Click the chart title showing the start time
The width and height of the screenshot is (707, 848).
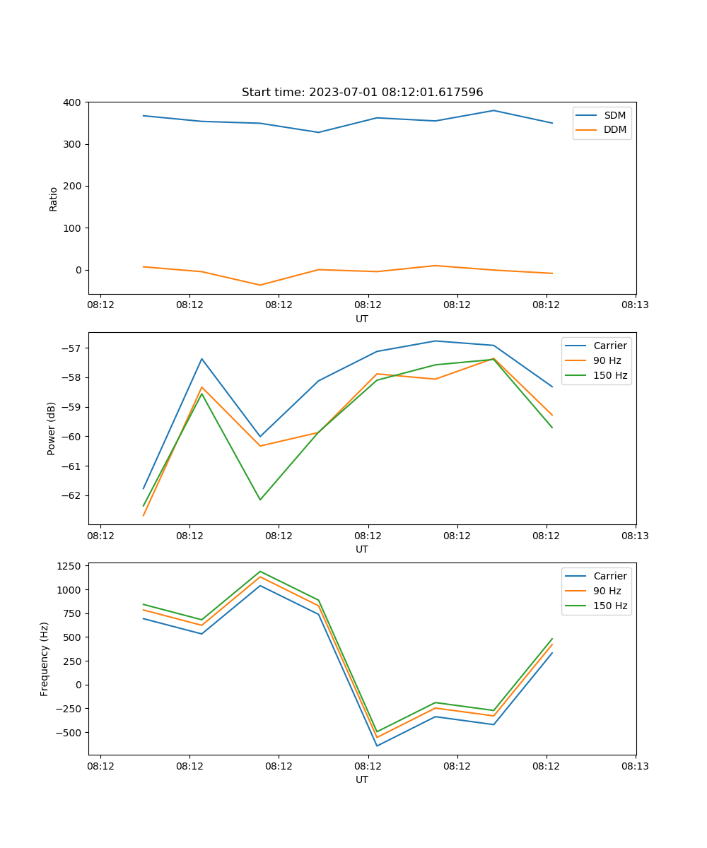tap(362, 93)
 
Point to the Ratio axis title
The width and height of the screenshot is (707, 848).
tap(54, 199)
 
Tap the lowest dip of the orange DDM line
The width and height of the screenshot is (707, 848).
tap(260, 285)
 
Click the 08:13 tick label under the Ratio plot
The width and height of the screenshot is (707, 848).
tap(635, 305)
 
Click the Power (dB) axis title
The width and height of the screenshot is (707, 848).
tap(52, 429)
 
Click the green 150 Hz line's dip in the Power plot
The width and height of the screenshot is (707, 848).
tap(260, 500)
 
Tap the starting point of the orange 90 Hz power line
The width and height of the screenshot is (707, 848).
tap(144, 515)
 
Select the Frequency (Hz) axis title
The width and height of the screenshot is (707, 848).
tap(45, 659)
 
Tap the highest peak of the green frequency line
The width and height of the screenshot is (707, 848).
tap(260, 571)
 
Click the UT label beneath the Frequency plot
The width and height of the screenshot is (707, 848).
tap(362, 779)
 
